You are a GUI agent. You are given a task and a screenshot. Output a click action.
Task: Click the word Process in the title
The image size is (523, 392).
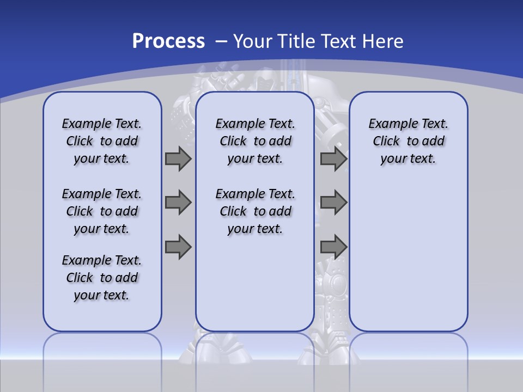tap(168, 41)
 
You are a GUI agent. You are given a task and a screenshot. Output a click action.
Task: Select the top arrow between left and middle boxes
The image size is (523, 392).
tap(178, 158)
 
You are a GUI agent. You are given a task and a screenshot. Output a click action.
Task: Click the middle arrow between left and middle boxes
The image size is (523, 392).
tap(178, 203)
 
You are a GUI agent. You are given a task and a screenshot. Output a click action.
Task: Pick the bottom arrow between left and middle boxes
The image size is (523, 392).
tap(178, 247)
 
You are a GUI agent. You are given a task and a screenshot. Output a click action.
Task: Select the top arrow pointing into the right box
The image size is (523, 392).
tap(333, 158)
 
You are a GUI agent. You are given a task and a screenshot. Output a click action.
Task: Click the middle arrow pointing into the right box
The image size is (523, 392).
tap(333, 203)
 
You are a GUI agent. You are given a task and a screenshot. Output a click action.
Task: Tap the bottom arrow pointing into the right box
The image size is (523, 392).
tap(333, 247)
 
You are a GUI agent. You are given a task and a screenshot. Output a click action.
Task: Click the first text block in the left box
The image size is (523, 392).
tap(102, 141)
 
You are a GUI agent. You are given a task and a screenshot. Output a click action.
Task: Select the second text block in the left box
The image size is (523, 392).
tap(102, 211)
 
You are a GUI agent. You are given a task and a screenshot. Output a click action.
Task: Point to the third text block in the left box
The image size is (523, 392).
tap(102, 278)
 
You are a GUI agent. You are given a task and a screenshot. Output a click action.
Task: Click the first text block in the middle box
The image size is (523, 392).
tap(255, 141)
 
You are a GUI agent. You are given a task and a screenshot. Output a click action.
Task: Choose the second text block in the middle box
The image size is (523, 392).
tap(255, 211)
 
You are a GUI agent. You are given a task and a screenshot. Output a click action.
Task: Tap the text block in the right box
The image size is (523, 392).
tap(408, 141)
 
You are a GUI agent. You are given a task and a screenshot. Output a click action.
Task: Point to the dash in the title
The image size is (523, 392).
tap(221, 41)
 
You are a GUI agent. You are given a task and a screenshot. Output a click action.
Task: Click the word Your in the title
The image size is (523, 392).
tap(253, 41)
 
